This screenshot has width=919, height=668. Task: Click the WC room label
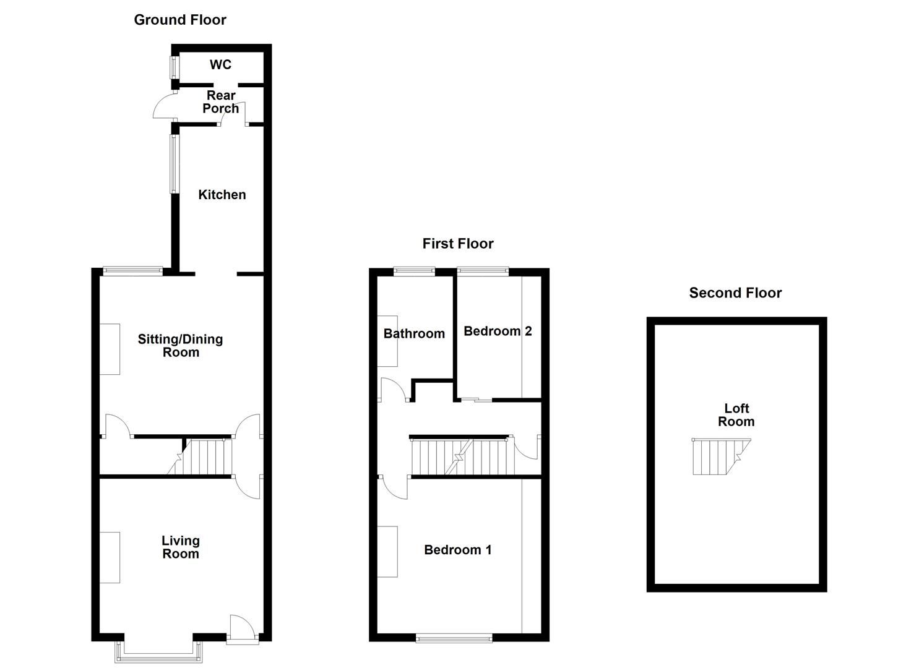[x=220, y=65]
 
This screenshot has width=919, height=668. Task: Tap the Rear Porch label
[x=221, y=102]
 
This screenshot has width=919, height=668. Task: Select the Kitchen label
[x=222, y=195]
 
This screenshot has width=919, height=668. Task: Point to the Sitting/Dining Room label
[x=180, y=346]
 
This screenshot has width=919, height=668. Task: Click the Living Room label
[x=181, y=547]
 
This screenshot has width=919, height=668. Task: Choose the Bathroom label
[x=414, y=334]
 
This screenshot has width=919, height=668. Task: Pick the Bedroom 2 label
[x=498, y=332]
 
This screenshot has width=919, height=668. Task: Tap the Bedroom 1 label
[x=458, y=550]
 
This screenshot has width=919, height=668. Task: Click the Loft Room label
[x=736, y=415]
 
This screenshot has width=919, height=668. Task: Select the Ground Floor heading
[x=180, y=20]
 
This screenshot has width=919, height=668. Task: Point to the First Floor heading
[x=458, y=244]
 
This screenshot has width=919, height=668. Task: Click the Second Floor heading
[x=735, y=293]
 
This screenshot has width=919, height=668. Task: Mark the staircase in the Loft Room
[x=718, y=456]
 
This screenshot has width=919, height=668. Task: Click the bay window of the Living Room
[x=159, y=652]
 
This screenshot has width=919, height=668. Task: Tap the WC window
[x=174, y=68]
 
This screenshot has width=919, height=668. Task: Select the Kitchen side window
[x=174, y=164]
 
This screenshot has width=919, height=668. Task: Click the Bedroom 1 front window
[x=454, y=638]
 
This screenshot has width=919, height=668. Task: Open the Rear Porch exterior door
[x=165, y=105]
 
